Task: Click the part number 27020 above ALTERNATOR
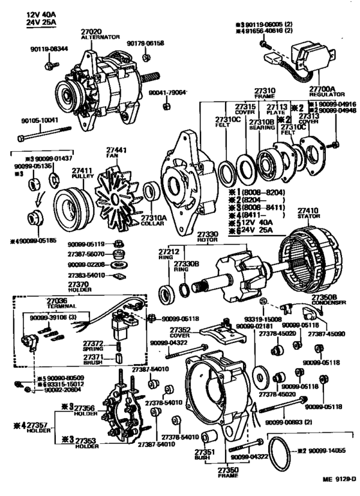91,32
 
